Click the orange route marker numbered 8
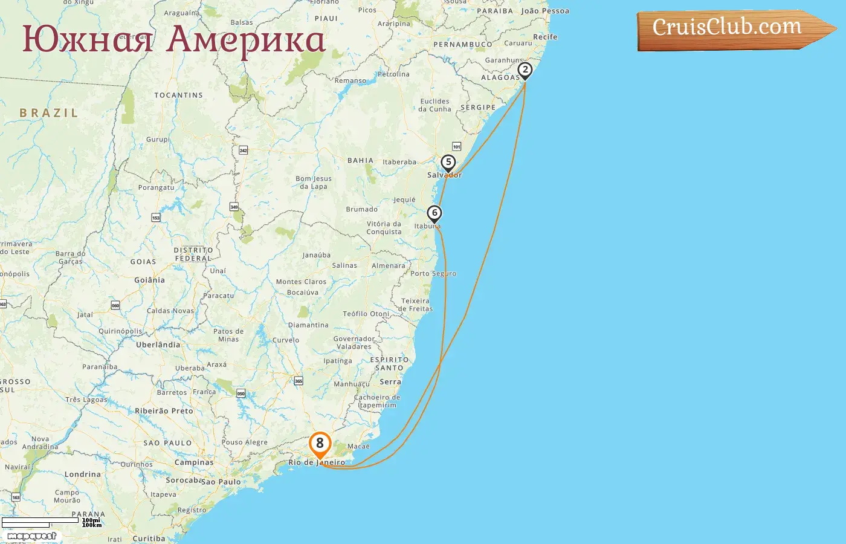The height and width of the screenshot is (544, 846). click(320, 444)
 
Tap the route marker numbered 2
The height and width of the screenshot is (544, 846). click(525, 70)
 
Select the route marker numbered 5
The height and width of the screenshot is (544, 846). click(448, 163)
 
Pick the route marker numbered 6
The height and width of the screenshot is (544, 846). click(434, 213)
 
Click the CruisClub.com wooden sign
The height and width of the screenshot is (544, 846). click(728, 28)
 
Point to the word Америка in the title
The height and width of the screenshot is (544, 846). click(245, 40)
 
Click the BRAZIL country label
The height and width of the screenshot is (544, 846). click(49, 113)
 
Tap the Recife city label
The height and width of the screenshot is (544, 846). click(545, 37)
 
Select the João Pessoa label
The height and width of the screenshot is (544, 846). click(545, 11)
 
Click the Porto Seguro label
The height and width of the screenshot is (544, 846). click(433, 273)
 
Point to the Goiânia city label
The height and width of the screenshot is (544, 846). click(149, 280)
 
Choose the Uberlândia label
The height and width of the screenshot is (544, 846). click(158, 345)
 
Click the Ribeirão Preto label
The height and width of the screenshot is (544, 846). click(164, 410)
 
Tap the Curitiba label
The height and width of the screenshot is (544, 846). click(149, 539)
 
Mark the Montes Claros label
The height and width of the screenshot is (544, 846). click(301, 282)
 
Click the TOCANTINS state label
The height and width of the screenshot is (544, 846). click(178, 95)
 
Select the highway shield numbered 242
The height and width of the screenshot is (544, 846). click(244, 150)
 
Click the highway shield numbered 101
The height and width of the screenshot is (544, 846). click(456, 146)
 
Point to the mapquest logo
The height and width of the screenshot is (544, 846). click(31, 536)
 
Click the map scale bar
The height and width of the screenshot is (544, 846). click(40, 522)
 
